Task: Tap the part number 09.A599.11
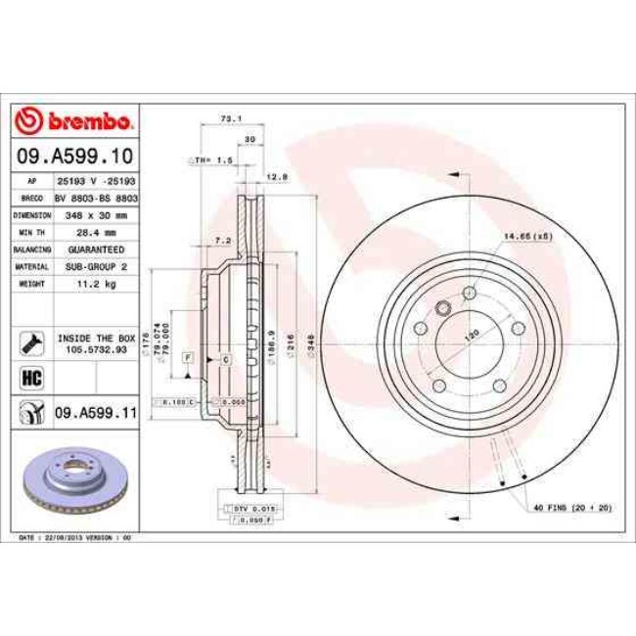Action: [x=94, y=414]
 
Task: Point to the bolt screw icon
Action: [x=30, y=342]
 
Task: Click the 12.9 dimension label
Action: [x=276, y=177]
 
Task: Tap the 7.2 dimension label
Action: [x=222, y=240]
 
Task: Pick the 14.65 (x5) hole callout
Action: [x=528, y=236]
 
